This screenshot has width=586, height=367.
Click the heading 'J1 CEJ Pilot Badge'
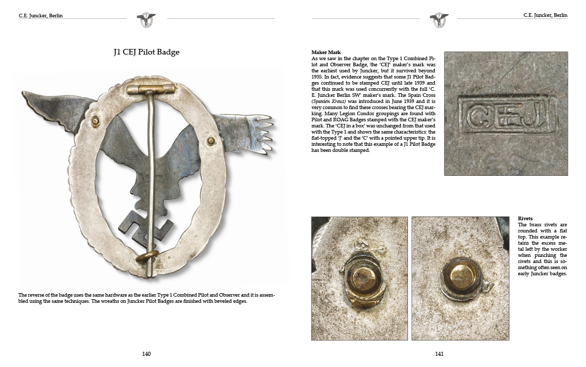point(146,52)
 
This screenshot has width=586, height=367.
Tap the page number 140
point(146,354)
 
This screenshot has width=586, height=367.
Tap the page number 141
point(439,354)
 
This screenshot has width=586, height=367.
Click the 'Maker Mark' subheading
point(326,53)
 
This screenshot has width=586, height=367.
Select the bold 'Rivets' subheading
point(525,218)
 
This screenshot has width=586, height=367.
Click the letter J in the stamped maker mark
point(542,117)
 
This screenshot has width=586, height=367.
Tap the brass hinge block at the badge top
point(151,90)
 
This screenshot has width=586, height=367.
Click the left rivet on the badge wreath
point(94,121)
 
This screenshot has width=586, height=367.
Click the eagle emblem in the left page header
point(146,20)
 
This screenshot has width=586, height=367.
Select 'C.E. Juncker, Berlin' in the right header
point(545,16)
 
